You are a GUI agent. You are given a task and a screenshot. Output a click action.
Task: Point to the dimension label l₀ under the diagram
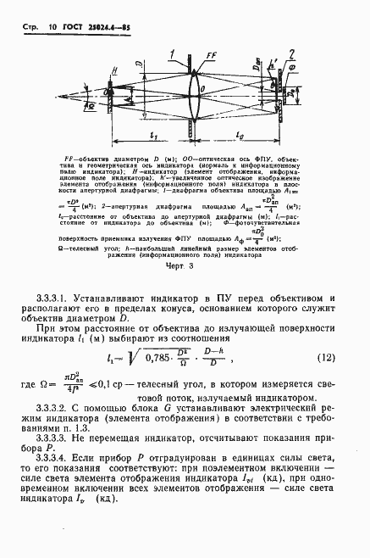point(239,134)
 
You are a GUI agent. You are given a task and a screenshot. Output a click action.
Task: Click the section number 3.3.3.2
point(58,407)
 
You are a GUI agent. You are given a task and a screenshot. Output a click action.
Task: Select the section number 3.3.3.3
point(58,442)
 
